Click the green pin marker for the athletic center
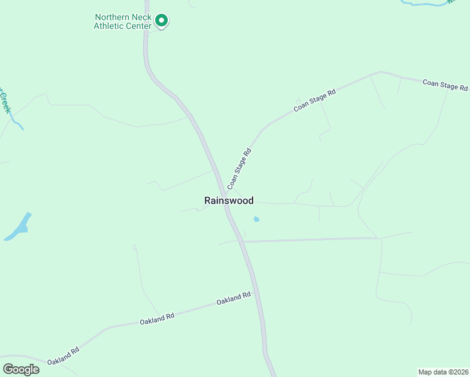pos(161,21)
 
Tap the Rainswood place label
pos(229,200)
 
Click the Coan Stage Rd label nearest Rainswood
pos(239,168)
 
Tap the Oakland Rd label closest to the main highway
pos(234,298)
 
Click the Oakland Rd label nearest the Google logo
pos(62,358)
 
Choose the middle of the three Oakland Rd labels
pos(156,319)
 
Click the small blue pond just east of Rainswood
pos(256,219)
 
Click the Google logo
pos(21,369)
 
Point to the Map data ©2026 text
pos(443,371)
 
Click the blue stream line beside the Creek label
pos(19,124)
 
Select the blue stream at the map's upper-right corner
pos(434,4)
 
